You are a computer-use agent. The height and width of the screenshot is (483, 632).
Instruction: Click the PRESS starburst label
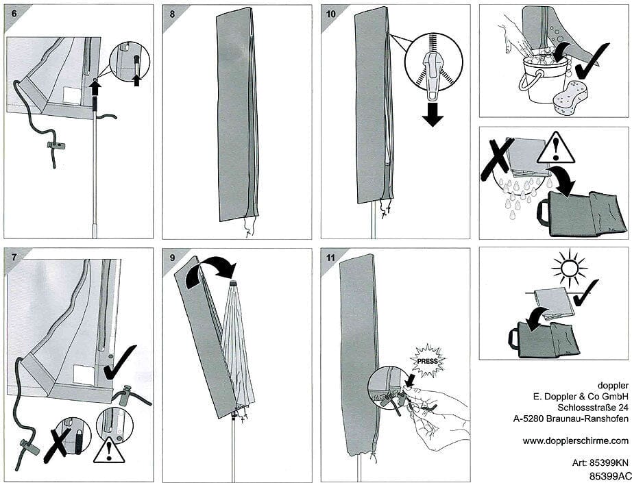[x=427, y=360]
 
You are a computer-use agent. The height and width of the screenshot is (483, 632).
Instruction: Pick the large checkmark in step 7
[x=121, y=362]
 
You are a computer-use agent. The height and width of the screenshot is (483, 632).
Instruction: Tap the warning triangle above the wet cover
[x=555, y=149]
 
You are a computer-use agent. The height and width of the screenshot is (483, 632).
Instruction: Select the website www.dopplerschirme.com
[x=576, y=441]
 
